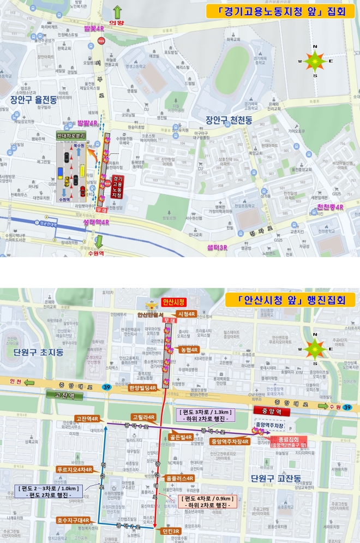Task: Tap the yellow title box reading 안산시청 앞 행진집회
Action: click(x=289, y=299)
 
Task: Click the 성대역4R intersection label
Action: click(x=97, y=222)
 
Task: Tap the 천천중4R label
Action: click(x=330, y=207)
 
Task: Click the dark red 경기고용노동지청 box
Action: click(x=117, y=187)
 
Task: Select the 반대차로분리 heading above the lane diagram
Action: click(x=71, y=135)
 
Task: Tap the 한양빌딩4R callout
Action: click(x=143, y=388)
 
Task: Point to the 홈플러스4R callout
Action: click(x=179, y=478)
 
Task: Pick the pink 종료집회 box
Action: click(x=287, y=441)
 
